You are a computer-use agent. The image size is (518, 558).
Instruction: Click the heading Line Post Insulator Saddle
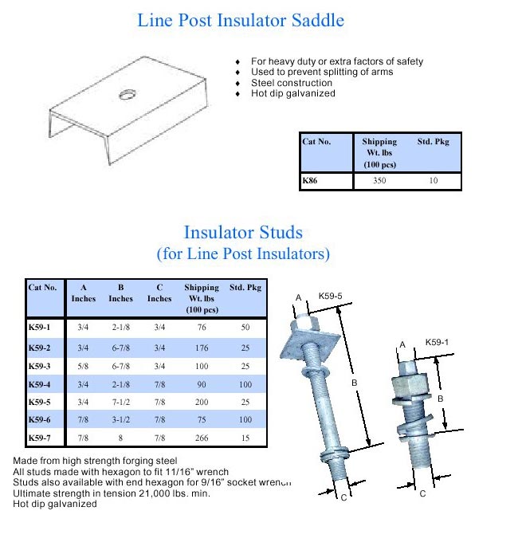point(241,20)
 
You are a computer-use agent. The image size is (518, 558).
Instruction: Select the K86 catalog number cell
point(310,182)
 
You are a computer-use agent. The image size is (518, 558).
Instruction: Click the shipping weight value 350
point(380,182)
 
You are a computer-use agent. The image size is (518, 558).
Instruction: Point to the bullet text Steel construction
point(292,83)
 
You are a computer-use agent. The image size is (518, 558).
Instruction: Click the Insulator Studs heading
point(243,233)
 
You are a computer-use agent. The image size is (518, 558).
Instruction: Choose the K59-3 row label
point(39,367)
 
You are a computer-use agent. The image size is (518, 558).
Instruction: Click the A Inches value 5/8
point(83,367)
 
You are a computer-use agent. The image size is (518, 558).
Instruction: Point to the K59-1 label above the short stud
point(438,342)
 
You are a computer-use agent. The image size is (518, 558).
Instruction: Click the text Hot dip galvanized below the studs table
point(54,504)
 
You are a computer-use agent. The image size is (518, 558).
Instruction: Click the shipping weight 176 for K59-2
point(201,348)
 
